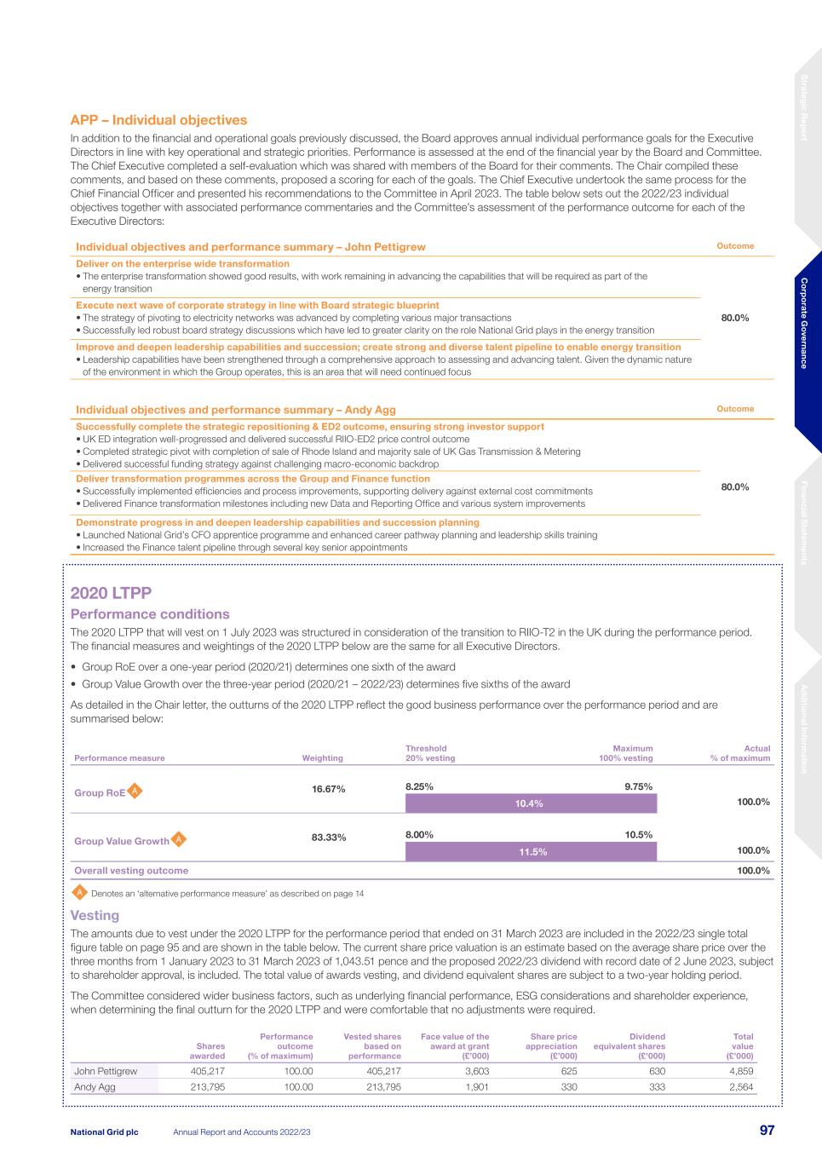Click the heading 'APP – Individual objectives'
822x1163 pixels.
[158, 120]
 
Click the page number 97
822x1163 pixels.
[767, 1131]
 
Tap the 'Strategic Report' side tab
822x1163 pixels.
[803, 107]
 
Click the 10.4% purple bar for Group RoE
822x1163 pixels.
[530, 803]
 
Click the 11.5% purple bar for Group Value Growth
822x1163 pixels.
[530, 852]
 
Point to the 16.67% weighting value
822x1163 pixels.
[329, 789]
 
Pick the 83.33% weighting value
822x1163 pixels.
[329, 838]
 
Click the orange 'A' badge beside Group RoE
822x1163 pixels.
[135, 792]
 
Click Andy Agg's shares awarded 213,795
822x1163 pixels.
[207, 1087]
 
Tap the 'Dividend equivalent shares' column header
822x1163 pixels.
[629, 1046]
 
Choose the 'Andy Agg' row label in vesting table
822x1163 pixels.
[95, 1087]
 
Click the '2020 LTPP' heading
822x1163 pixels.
[111, 592]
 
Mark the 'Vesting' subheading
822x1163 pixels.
[95, 915]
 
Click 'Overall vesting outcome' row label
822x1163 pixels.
[131, 871]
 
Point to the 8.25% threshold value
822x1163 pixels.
[419, 786]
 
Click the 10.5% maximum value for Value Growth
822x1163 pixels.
[639, 835]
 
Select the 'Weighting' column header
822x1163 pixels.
[322, 757]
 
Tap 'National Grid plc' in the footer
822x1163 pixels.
[104, 1131]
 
